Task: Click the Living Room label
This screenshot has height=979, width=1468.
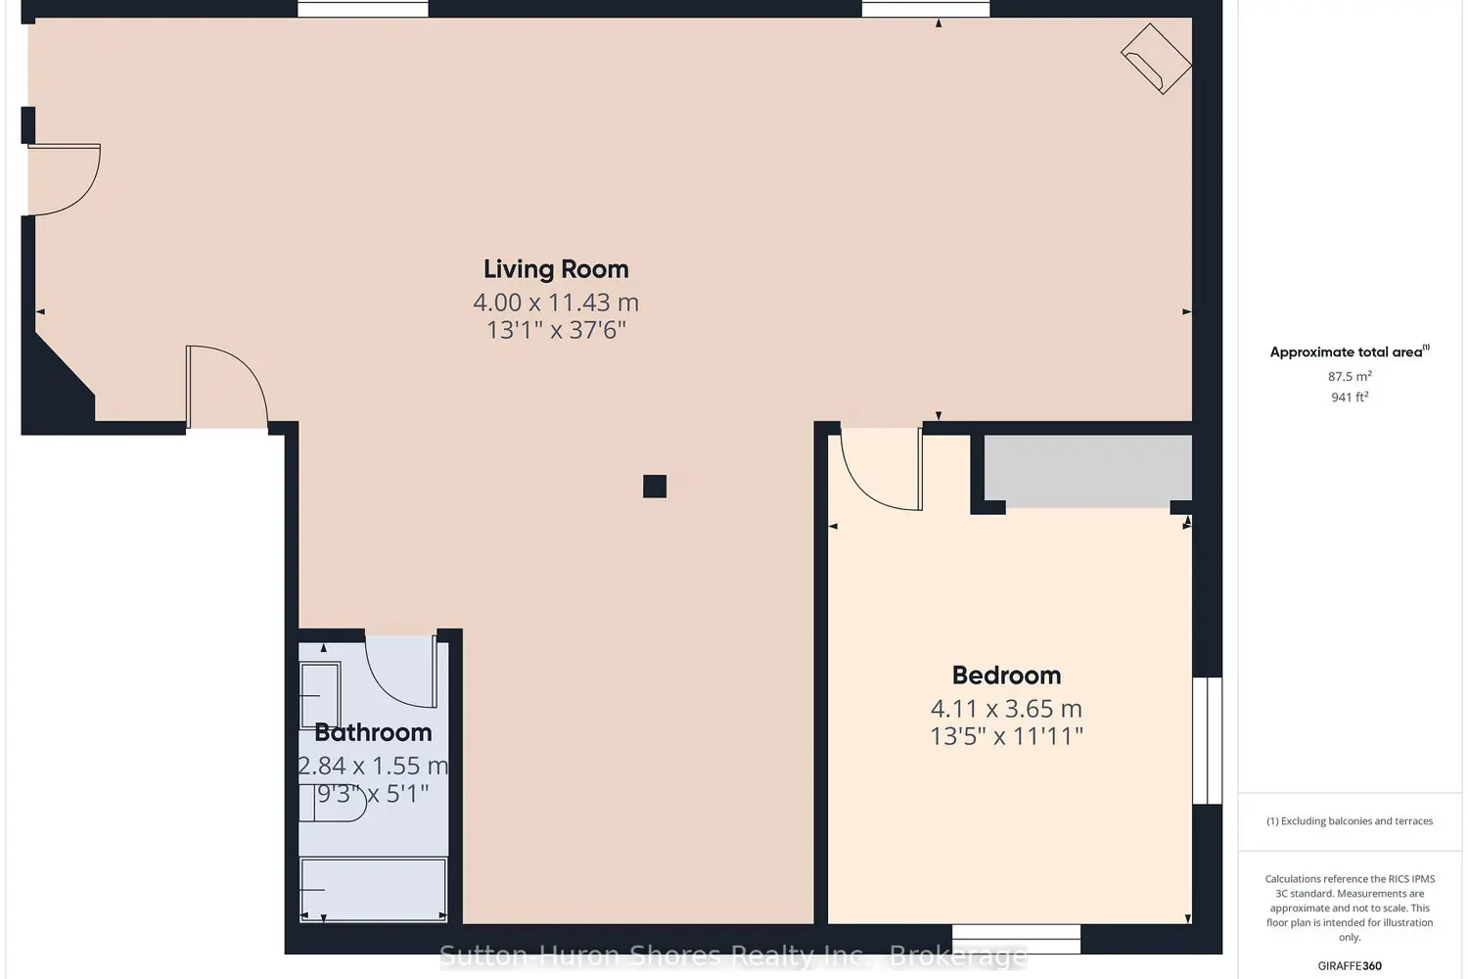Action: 556,269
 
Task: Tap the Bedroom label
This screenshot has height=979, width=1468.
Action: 1006,675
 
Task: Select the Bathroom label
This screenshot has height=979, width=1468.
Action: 373,731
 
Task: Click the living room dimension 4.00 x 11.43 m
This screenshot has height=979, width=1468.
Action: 556,303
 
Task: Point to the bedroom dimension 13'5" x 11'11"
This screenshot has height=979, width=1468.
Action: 1006,736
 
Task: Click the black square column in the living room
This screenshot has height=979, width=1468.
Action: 654,487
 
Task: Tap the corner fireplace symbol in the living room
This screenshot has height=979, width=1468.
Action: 1156,59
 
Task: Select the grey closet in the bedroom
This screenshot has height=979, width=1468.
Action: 1088,471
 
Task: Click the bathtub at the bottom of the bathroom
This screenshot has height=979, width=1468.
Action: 373,889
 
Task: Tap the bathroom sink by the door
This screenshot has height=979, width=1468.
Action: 320,695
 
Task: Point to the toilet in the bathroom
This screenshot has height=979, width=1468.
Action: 332,803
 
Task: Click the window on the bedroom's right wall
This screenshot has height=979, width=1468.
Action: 1207,740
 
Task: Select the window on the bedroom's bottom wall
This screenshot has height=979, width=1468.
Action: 1016,939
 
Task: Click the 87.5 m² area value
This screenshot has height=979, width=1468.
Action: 1350,376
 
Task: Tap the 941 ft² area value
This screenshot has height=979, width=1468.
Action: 1350,396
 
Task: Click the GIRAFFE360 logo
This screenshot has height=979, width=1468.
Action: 1350,965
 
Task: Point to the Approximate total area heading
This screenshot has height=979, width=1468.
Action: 1350,351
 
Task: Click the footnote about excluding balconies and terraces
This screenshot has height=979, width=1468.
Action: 1350,821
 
